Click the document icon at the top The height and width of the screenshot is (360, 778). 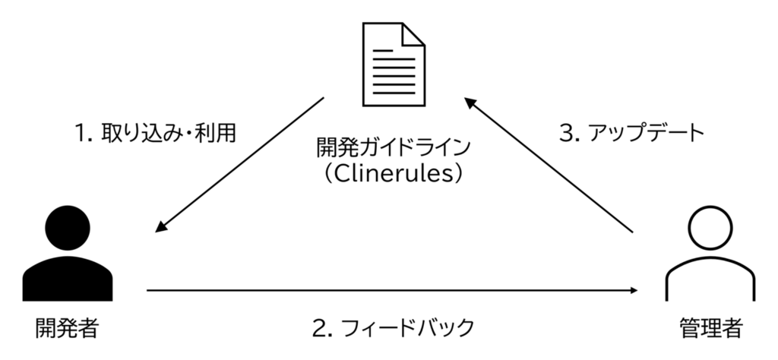(394, 65)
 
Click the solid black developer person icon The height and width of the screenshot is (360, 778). (68, 254)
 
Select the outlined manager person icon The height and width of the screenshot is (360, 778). (710, 254)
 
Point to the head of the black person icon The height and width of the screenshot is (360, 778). (68, 228)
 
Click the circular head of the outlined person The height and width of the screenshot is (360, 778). (710, 228)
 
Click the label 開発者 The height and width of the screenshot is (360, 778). (68, 328)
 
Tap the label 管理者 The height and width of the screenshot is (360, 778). (710, 328)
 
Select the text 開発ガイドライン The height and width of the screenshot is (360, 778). (394, 148)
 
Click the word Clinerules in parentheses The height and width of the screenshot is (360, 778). (394, 174)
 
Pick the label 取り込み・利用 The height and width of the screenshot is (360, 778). (169, 133)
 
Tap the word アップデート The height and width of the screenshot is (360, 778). (646, 133)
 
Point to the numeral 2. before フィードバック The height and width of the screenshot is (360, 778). (322, 328)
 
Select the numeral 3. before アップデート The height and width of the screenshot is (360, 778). (570, 134)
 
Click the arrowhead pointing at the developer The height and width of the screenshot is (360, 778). (161, 226)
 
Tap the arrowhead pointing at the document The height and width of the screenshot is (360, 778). (470, 102)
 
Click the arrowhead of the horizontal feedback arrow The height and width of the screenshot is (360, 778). (634, 290)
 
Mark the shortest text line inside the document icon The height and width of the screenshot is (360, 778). (383, 51)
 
